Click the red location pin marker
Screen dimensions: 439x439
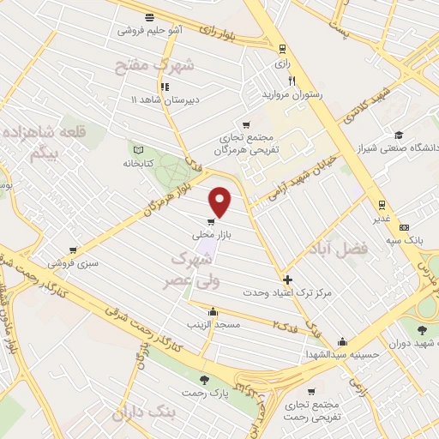coord(221,201)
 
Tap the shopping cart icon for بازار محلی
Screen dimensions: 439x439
coord(211,221)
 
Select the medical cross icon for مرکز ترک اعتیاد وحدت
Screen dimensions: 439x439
coord(287,280)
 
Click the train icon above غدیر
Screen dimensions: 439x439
coord(381,204)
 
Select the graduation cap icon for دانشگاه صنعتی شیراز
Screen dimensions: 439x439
coord(398,135)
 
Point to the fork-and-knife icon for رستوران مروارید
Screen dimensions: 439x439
coord(292,81)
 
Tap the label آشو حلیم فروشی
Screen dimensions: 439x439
coord(151,30)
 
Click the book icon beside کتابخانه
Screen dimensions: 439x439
coord(135,148)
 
